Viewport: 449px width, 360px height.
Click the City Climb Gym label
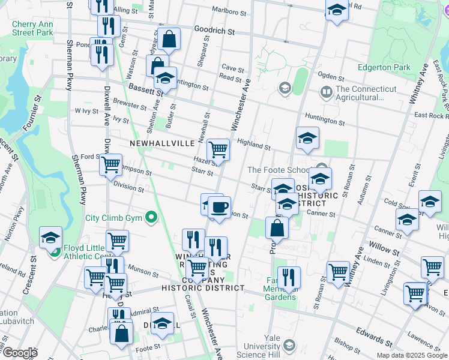115,218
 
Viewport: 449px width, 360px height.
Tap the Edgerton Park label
384,67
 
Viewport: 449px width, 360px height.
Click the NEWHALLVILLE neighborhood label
162,143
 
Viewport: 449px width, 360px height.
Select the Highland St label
253,143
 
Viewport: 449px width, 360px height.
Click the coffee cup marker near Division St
219,208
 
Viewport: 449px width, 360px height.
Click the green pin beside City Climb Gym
152,218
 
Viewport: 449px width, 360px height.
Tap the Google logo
19,353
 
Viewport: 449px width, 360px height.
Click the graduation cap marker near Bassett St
165,79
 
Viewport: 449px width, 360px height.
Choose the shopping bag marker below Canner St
276,228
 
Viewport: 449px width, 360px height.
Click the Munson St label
139,271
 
